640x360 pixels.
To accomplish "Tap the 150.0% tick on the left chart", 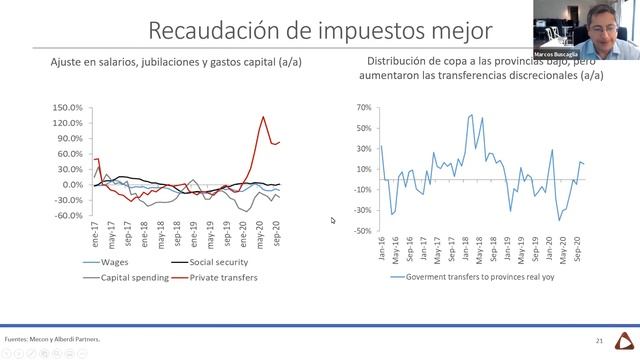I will pyautogui.click(x=68, y=107).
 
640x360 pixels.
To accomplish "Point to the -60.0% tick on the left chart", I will pyautogui.click(x=69, y=215).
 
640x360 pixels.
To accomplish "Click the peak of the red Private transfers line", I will pyautogui.click(x=263, y=117).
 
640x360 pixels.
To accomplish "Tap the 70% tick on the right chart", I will pyautogui.click(x=363, y=106).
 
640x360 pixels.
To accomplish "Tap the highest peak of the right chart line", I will pyautogui.click(x=471, y=114).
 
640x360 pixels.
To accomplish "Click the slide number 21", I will pyautogui.click(x=598, y=340).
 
